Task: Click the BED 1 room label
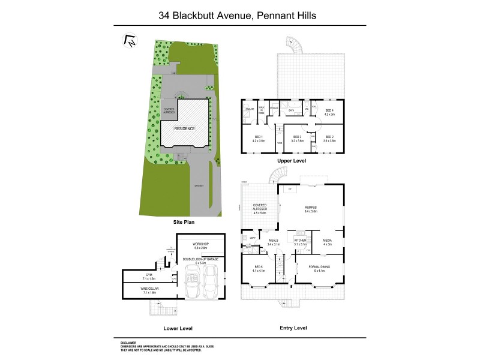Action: pyautogui.click(x=259, y=139)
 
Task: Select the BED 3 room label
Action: pyautogui.click(x=296, y=137)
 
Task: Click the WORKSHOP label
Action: pyautogui.click(x=200, y=245)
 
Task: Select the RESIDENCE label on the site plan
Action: pyautogui.click(x=185, y=128)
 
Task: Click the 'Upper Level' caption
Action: pyautogui.click(x=292, y=161)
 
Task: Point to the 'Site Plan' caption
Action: pyautogui.click(x=185, y=221)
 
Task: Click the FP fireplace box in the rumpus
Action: pyautogui.click(x=290, y=189)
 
